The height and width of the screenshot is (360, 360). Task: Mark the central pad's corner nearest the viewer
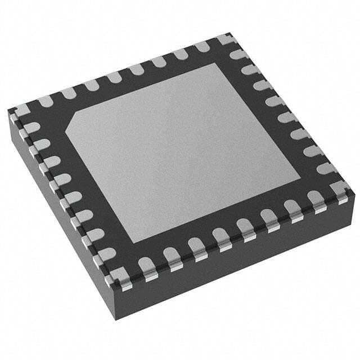tap(135, 243)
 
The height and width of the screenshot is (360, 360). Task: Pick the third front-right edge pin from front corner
tap(195, 247)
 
